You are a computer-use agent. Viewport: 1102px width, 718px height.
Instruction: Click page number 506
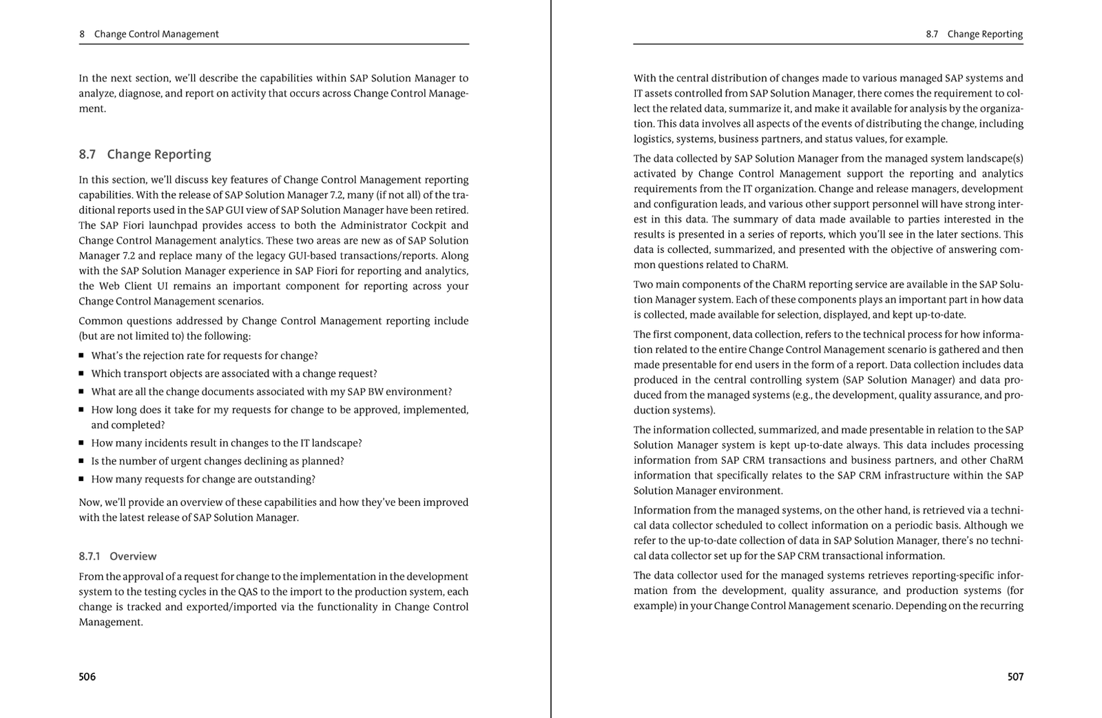tap(87, 677)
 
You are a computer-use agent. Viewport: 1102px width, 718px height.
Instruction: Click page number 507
tap(1015, 677)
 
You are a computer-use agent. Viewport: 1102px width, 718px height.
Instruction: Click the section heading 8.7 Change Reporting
tap(145, 154)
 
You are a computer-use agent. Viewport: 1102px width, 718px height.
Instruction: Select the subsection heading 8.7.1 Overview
tap(117, 556)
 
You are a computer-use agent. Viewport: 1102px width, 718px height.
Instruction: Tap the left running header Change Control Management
tap(156, 34)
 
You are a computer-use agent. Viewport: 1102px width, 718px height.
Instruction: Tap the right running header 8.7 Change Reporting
tap(974, 34)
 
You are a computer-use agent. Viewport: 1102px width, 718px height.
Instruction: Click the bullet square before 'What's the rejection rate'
tap(81, 356)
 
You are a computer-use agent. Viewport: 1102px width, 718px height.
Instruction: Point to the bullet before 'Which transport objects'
tap(81, 373)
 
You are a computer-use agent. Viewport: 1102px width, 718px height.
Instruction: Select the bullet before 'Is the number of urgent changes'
tap(81, 461)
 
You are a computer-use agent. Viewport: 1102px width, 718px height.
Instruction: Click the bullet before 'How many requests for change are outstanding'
tap(81, 479)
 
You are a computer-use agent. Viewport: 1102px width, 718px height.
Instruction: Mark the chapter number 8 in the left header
tap(82, 34)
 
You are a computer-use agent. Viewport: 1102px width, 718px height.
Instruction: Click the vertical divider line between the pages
tap(551, 358)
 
